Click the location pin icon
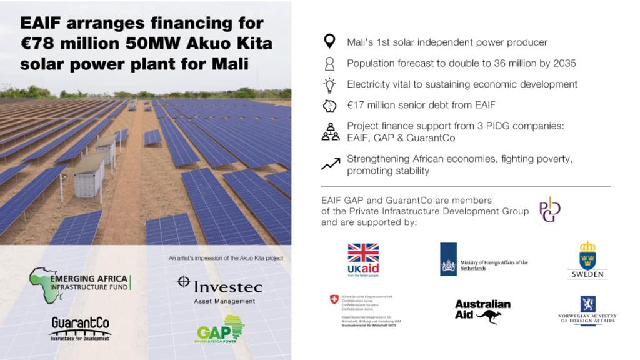point(329,42)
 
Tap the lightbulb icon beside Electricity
point(329,84)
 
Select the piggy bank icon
point(329,105)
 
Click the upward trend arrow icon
point(331,164)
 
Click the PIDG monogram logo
point(550,209)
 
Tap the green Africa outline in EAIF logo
point(44,284)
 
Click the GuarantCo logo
point(80,326)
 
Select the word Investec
point(228,287)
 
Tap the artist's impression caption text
point(226,258)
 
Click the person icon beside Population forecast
point(329,63)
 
